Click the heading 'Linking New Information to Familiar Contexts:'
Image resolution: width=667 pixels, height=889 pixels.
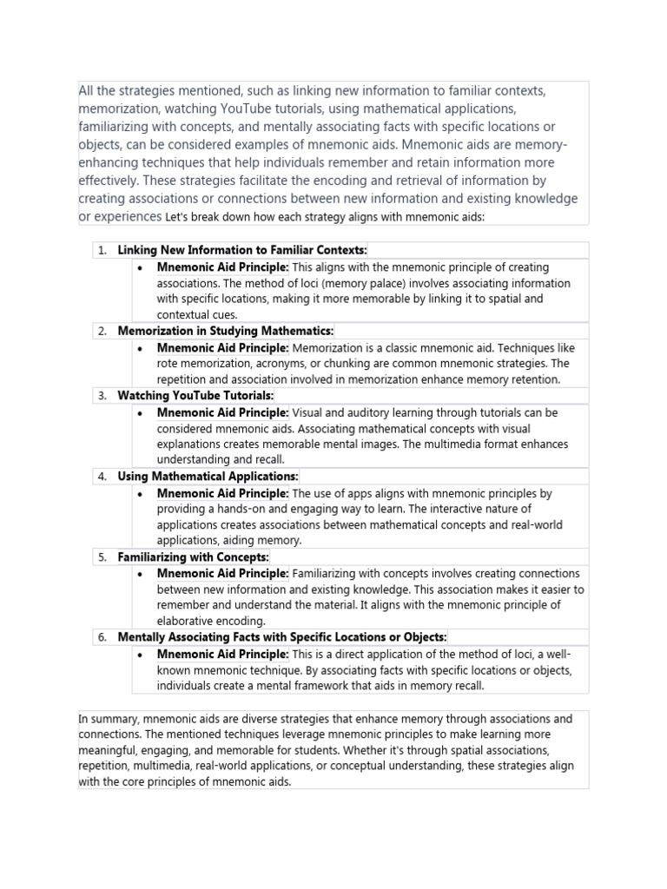coord(242,250)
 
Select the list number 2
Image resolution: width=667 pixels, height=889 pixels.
coord(102,331)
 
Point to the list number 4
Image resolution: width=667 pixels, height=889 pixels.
coord(102,476)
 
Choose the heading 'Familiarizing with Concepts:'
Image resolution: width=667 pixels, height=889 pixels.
coord(193,556)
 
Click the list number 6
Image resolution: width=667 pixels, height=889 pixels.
coord(102,637)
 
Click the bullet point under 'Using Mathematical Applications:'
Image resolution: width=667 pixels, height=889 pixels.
coord(141,493)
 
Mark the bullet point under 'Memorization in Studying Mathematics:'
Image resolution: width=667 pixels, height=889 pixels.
coord(141,347)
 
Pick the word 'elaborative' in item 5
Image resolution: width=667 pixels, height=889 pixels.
coord(189,622)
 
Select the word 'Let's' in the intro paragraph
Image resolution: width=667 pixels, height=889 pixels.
coord(179,218)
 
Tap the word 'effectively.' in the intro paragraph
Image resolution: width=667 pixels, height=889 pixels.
coord(109,181)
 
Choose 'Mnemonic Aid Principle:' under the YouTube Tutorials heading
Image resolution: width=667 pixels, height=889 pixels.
coord(222,412)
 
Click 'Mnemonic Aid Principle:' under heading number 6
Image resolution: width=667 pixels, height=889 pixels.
coord(222,654)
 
